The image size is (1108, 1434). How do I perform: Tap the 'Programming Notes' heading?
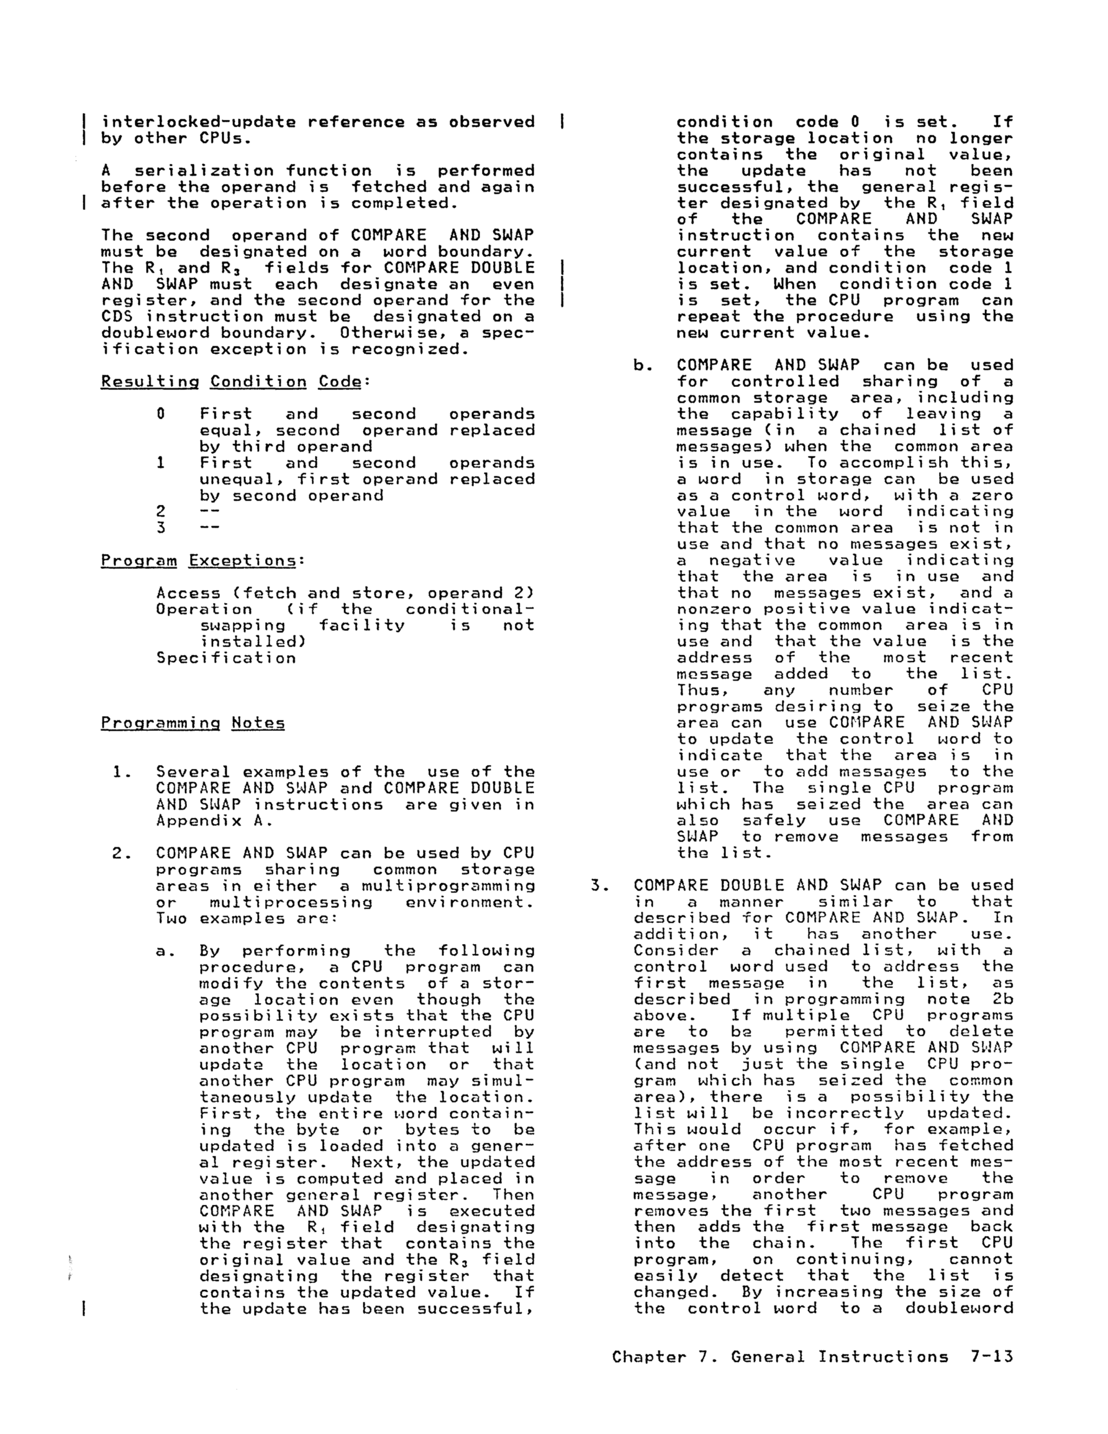click(x=193, y=724)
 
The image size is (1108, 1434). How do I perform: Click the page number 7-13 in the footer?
click(x=991, y=1356)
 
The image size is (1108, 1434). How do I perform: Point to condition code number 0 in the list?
click(x=160, y=414)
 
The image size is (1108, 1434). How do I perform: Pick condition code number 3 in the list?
click(x=160, y=528)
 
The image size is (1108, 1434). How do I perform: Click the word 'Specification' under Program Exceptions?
click(x=226, y=658)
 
